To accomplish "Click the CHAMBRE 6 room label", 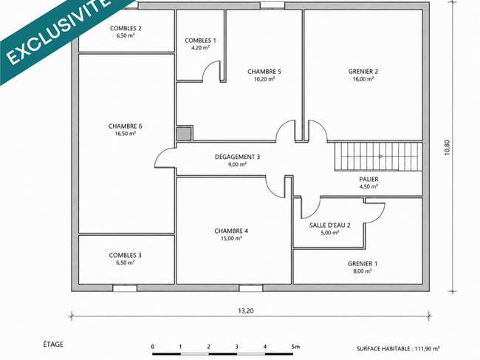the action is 126,126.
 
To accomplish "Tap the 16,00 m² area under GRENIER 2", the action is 363,79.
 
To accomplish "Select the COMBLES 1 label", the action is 200,41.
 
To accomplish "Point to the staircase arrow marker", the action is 380,157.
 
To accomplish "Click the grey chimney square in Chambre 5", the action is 185,134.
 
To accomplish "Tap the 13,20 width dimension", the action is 246,310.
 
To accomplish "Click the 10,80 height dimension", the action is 448,148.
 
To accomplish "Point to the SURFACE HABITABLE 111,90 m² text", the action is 398,349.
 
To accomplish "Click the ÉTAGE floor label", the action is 53,344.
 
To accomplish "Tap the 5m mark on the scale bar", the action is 295,347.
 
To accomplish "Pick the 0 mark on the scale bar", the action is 152,347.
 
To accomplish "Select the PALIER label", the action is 368,179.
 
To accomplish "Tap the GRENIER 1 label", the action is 363,263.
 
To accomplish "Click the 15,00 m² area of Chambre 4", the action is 231,238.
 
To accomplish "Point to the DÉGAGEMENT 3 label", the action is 237,157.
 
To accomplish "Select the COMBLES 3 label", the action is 126,255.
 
